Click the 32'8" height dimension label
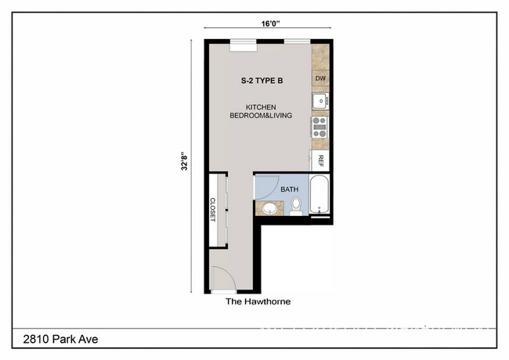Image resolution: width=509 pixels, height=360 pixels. coord(183,161)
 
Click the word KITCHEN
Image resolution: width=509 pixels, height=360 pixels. coord(261,107)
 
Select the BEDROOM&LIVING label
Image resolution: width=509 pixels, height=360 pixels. coord(261,116)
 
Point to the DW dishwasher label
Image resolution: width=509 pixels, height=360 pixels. coord(320,79)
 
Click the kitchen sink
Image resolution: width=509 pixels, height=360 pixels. coord(319,101)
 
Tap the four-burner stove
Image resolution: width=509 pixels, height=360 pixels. coord(319,127)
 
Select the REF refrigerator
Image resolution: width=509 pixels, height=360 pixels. coord(320,160)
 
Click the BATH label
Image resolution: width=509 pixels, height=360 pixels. coord(290,189)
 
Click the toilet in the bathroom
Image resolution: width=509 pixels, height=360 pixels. coord(296,206)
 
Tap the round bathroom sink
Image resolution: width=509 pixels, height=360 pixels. coord(269,208)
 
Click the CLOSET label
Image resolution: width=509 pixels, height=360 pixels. coord(212,209)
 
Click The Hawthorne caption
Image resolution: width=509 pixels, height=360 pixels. coord(258,301)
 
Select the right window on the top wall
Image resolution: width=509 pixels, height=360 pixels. coord(295,41)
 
